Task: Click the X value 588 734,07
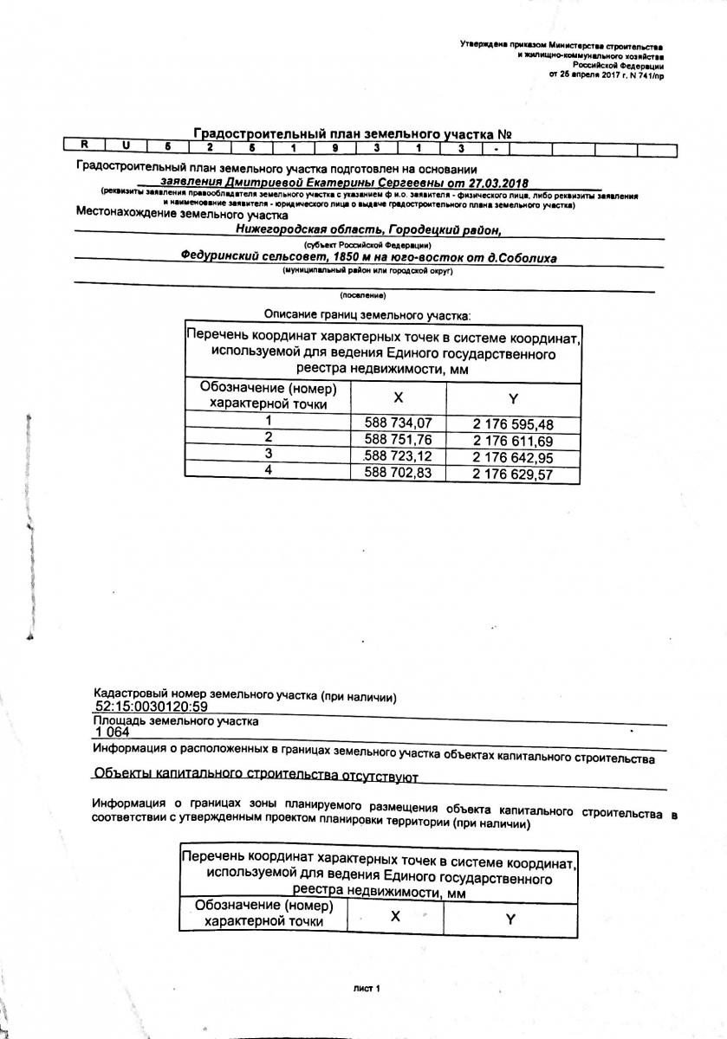pyautogui.click(x=398, y=423)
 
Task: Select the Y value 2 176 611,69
pyautogui.click(x=512, y=441)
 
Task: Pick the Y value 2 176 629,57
pyautogui.click(x=512, y=474)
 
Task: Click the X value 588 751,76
pyautogui.click(x=398, y=440)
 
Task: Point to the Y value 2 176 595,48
pyautogui.click(x=512, y=424)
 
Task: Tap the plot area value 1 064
pyautogui.click(x=112, y=732)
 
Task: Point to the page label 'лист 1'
pyautogui.click(x=367, y=988)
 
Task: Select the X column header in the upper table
pyautogui.click(x=398, y=397)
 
